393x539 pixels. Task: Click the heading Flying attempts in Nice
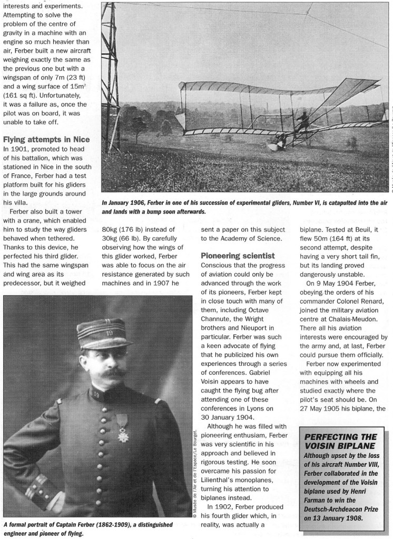click(x=46, y=139)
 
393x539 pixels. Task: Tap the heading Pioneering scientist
click(x=238, y=255)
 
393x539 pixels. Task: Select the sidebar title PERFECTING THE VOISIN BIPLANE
click(x=341, y=442)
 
